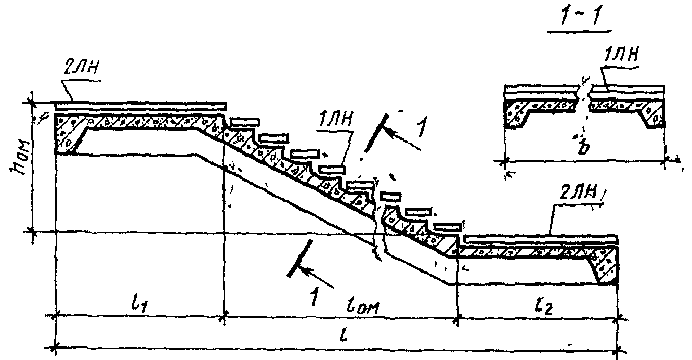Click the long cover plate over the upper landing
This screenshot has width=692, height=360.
tap(140, 106)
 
